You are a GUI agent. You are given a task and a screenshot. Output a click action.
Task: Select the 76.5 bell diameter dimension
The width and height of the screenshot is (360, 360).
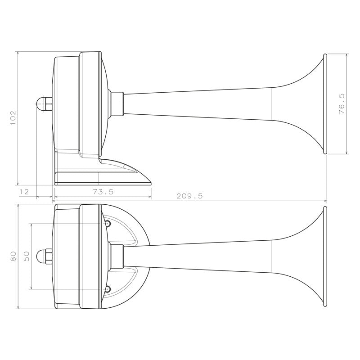click(342, 104)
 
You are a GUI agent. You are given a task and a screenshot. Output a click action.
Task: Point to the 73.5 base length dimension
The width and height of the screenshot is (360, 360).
click(103, 192)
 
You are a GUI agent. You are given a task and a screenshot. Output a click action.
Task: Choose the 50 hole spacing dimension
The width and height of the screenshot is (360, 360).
click(26, 256)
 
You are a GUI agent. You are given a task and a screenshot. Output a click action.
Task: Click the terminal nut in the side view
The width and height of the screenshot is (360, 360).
click(44, 104)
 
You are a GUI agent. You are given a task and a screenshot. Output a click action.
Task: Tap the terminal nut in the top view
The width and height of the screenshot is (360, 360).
click(44, 256)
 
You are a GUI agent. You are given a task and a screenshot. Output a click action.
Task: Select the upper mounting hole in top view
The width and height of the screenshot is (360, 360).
click(108, 223)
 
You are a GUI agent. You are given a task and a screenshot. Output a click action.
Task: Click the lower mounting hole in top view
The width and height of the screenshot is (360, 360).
click(108, 289)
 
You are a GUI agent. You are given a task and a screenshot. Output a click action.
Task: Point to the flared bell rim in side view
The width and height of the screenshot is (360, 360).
click(324, 104)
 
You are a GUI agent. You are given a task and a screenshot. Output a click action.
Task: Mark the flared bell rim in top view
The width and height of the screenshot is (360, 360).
click(324, 256)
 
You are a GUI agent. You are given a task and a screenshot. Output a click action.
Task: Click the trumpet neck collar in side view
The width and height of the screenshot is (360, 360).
click(117, 104)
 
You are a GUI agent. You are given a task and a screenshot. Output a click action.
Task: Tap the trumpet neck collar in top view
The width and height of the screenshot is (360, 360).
click(117, 256)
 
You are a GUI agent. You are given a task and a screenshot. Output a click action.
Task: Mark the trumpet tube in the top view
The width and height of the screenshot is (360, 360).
click(202, 257)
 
